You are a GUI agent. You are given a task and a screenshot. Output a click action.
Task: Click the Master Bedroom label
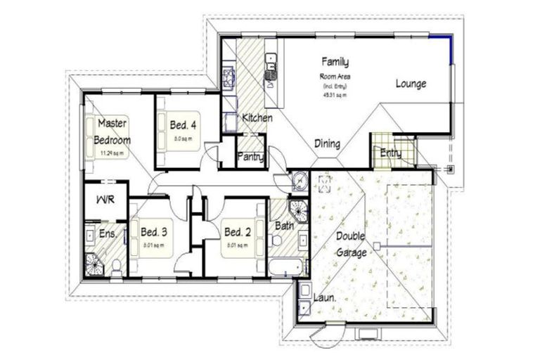click(x=112, y=131)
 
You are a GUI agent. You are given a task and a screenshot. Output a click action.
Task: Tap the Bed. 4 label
click(x=183, y=126)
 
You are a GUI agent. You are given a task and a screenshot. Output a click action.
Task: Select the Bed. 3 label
click(x=153, y=231)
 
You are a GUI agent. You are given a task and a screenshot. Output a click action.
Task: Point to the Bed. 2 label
click(x=237, y=231)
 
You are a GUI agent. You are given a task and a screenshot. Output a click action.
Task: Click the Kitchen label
click(x=257, y=118)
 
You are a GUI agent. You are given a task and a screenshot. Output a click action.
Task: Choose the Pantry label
click(x=250, y=157)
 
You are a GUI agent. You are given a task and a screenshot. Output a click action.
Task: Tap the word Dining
click(x=327, y=144)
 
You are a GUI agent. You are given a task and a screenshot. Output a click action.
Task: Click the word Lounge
click(x=411, y=84)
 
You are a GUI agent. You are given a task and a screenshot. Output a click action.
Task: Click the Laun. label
click(x=324, y=298)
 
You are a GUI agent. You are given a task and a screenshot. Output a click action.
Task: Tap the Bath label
click(x=284, y=226)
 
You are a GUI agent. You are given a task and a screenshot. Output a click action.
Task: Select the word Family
click(x=335, y=62)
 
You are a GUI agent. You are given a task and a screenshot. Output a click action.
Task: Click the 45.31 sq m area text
click(x=335, y=94)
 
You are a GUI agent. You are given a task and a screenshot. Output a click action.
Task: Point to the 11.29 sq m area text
click(x=112, y=152)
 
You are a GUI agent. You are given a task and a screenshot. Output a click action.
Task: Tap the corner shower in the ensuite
click(x=94, y=263)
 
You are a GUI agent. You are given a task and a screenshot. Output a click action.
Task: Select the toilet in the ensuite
click(x=117, y=265)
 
